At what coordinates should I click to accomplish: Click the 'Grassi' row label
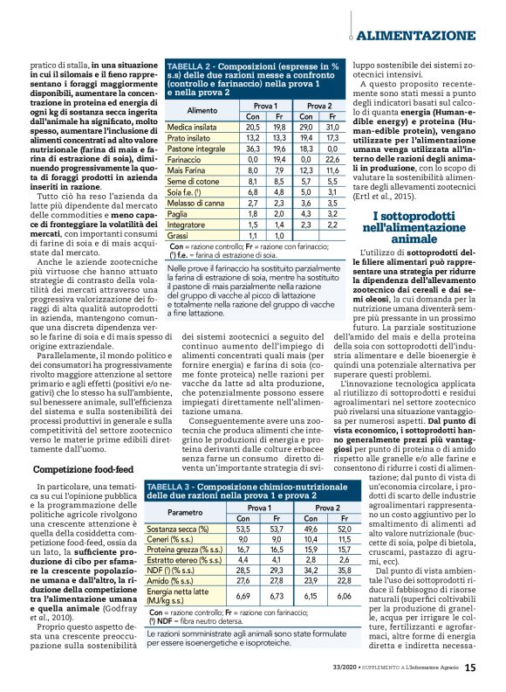178,236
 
